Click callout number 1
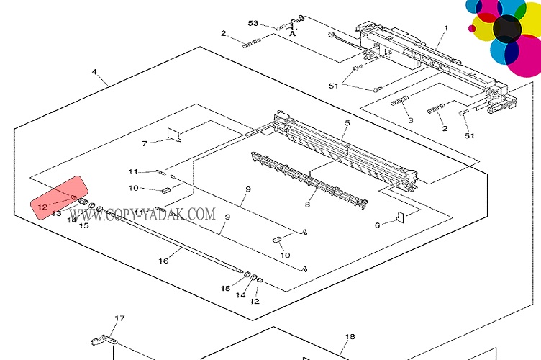(x=445, y=29)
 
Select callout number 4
(x=94, y=71)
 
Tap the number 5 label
(x=347, y=123)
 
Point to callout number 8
(x=307, y=204)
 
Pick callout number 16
(x=163, y=261)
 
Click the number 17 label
(x=120, y=318)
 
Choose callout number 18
(x=350, y=336)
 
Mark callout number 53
(x=253, y=23)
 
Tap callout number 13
(x=57, y=214)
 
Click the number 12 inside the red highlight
(x=42, y=207)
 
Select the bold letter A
(x=293, y=33)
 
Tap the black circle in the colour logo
(x=507, y=28)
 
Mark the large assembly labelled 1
(x=432, y=61)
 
